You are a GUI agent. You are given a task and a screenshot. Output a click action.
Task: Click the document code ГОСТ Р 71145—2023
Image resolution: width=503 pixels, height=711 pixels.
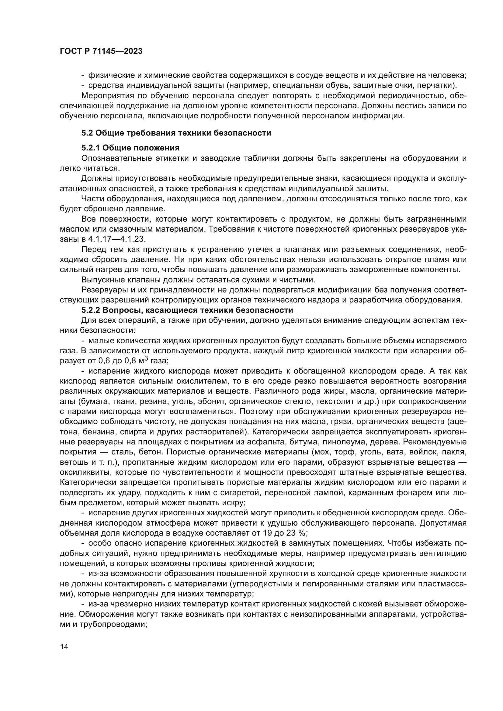click(101, 51)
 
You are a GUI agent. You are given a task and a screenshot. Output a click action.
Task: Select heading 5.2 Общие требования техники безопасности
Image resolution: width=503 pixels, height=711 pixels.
click(176, 133)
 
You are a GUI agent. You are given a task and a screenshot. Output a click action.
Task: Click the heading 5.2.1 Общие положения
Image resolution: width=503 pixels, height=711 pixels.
click(130, 148)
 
